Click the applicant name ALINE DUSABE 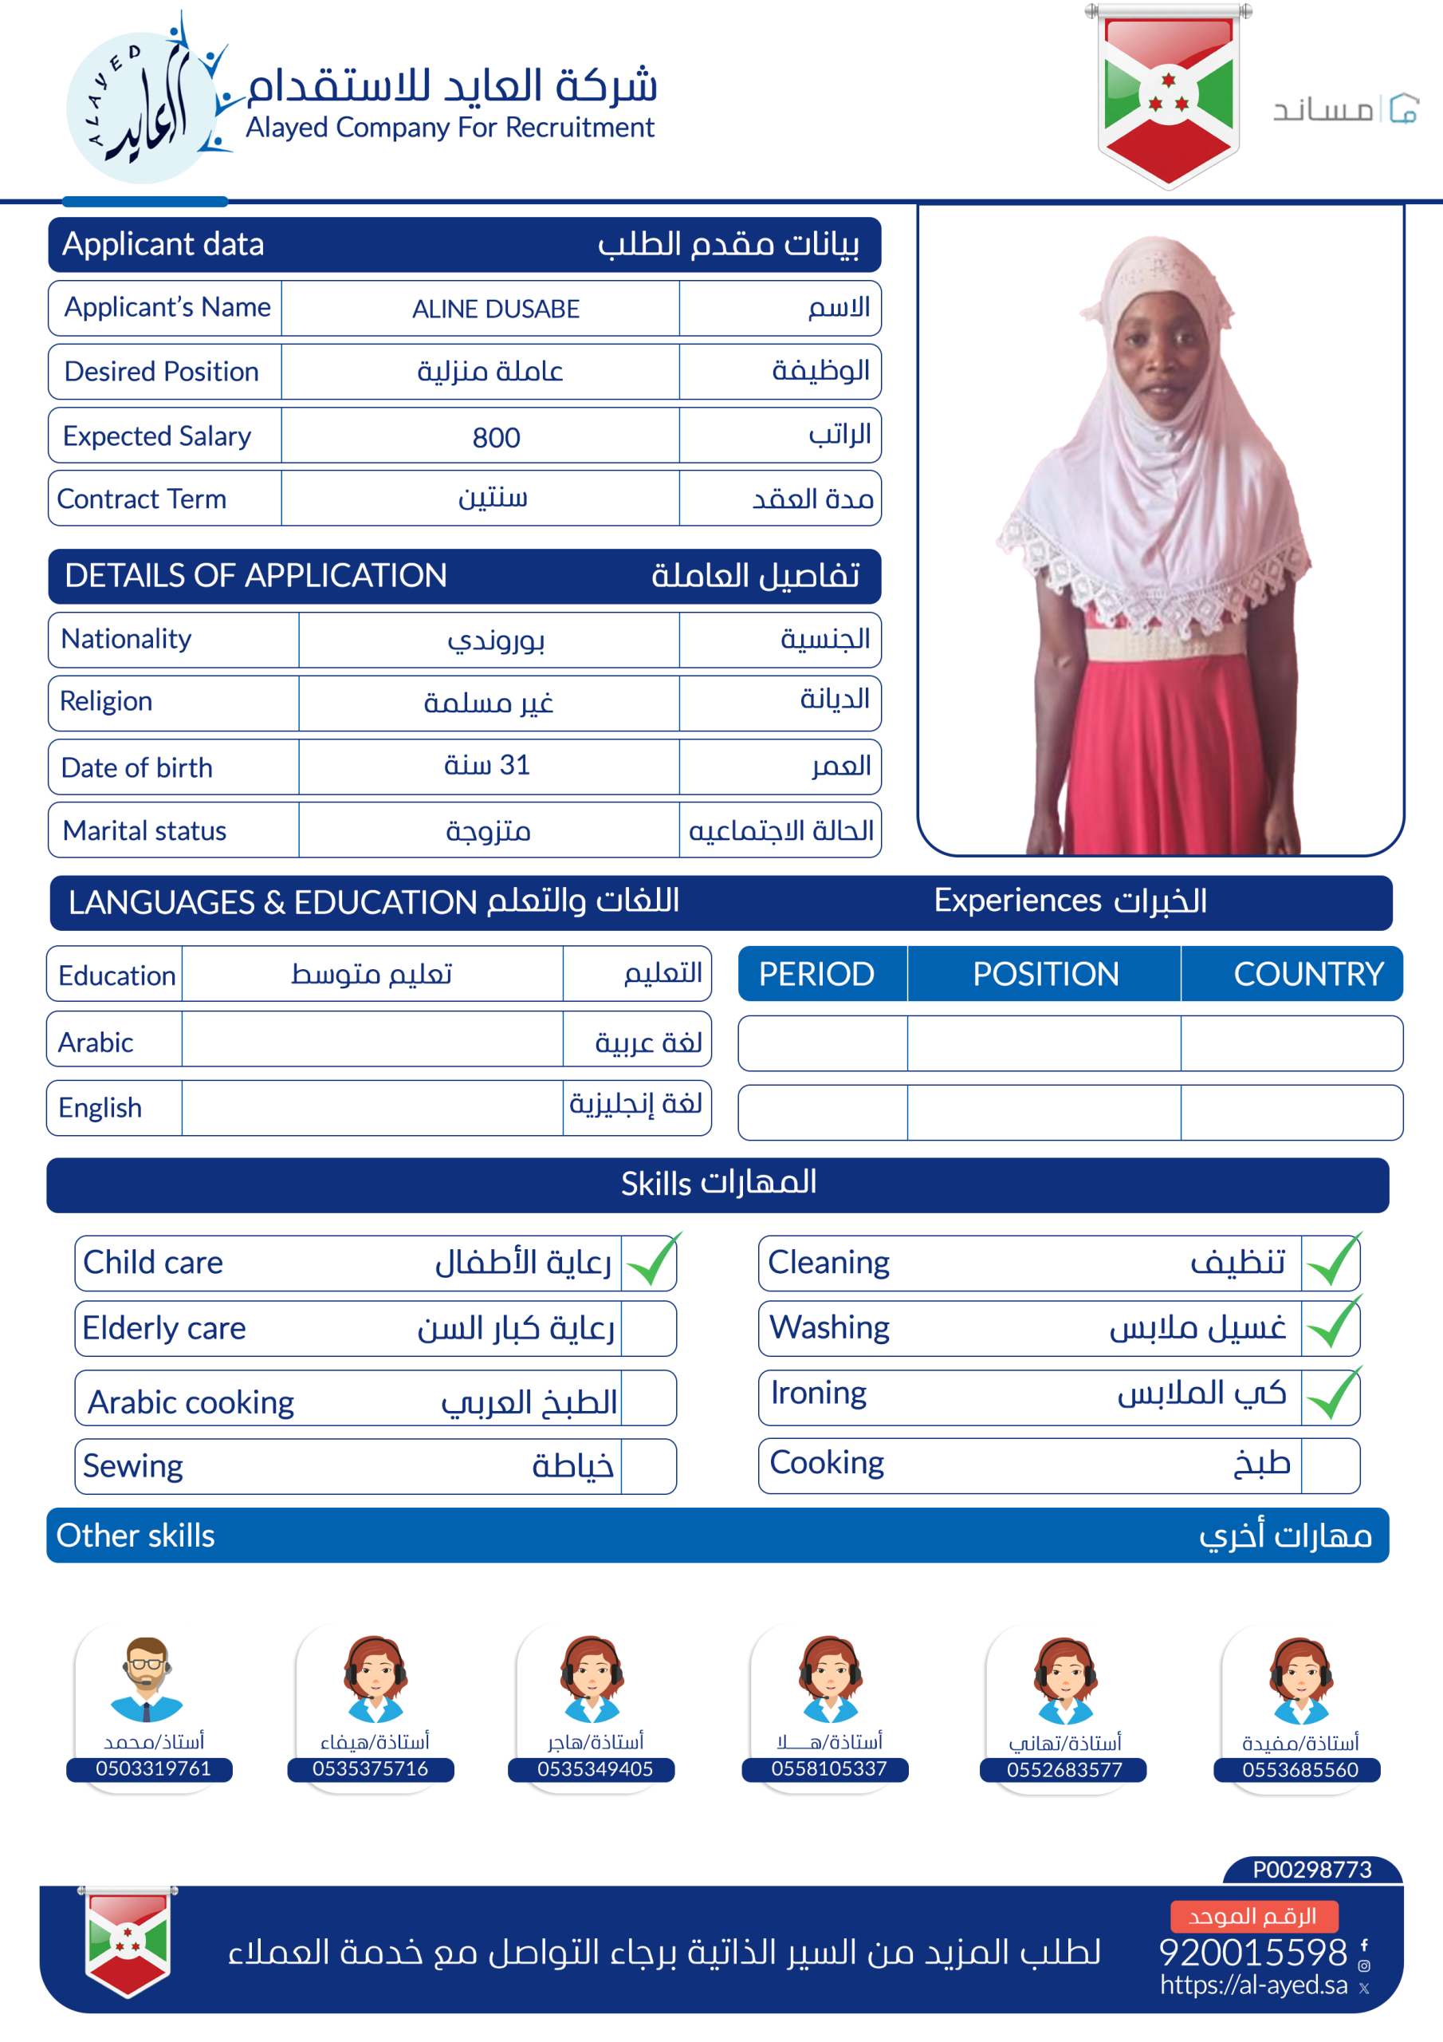pyautogui.click(x=495, y=309)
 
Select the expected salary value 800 pyautogui.click(x=495, y=436)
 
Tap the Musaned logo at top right pyautogui.click(x=1344, y=108)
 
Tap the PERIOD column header pyautogui.click(x=816, y=974)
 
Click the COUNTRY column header pyautogui.click(x=1307, y=974)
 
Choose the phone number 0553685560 pyautogui.click(x=1299, y=1770)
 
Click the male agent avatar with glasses pyautogui.click(x=147, y=1678)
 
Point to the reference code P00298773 pyautogui.click(x=1311, y=1870)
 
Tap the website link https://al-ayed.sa pyautogui.click(x=1252, y=1985)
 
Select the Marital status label pyautogui.click(x=144, y=830)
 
